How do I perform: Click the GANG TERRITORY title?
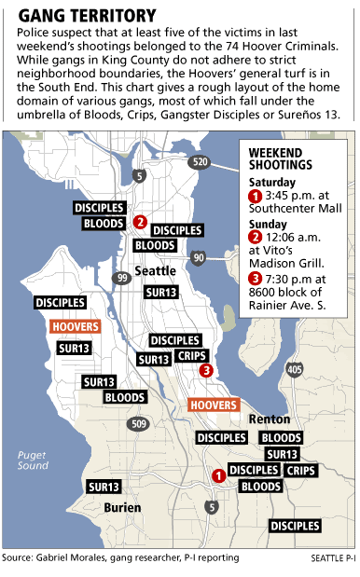(x=88, y=15)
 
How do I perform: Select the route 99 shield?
(x=121, y=278)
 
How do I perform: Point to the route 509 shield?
(x=139, y=424)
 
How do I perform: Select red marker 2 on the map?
(x=139, y=222)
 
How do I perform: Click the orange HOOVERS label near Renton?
(x=214, y=405)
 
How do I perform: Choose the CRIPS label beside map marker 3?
(x=192, y=355)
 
